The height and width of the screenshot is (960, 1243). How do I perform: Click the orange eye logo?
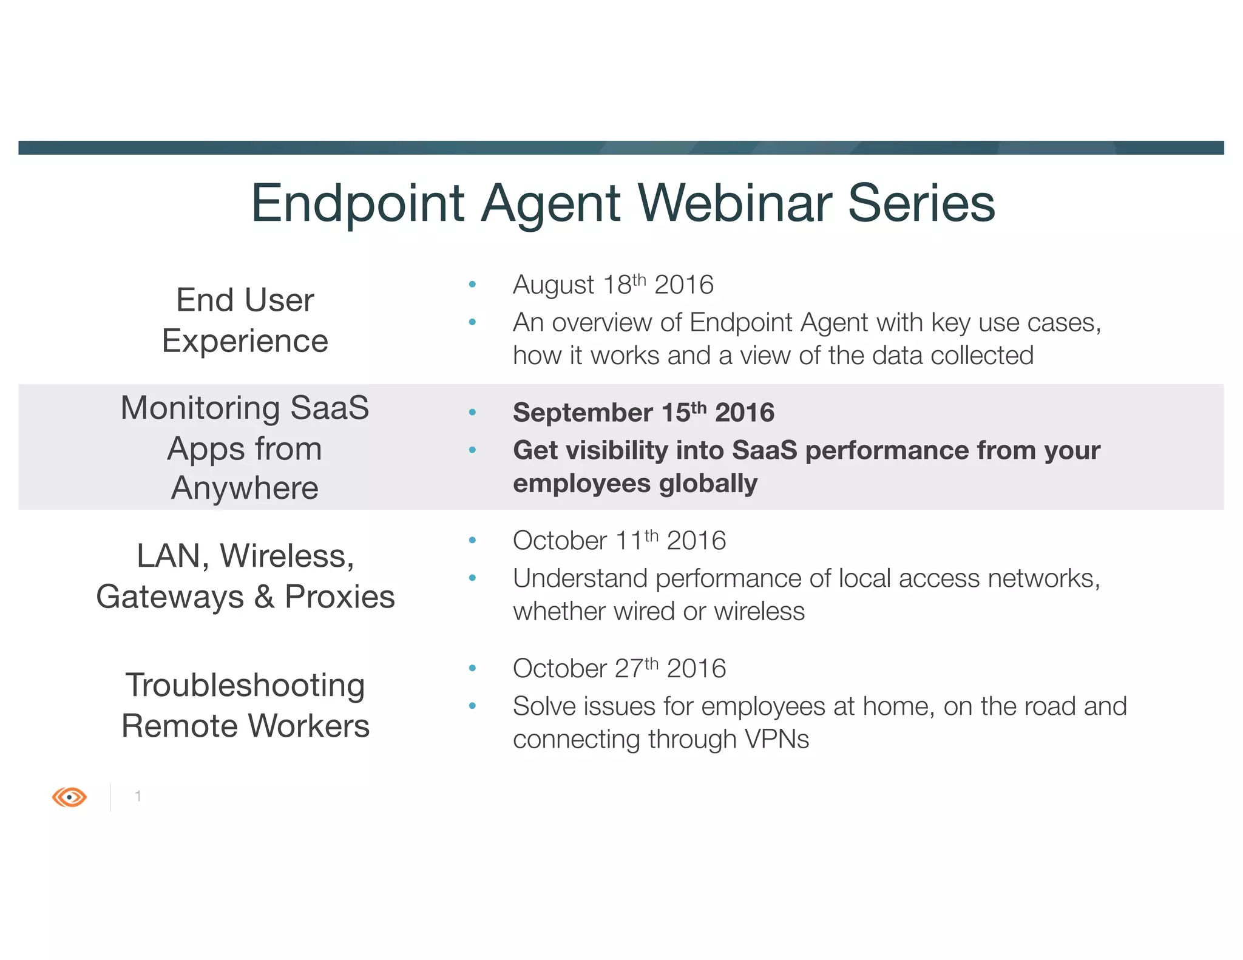click(x=69, y=796)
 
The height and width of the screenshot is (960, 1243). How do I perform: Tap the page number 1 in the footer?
click(x=138, y=796)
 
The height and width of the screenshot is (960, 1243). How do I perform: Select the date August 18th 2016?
click(x=613, y=285)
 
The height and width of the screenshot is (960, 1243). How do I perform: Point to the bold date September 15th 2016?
click(x=643, y=413)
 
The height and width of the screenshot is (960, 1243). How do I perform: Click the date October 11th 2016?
click(x=619, y=541)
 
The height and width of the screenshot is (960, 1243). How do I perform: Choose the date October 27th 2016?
click(x=619, y=669)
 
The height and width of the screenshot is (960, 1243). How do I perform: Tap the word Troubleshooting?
click(x=245, y=686)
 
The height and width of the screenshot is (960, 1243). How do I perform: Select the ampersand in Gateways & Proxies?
click(x=264, y=597)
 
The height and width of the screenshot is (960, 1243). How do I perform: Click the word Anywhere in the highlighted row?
click(x=245, y=488)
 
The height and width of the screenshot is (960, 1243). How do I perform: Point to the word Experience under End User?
click(x=245, y=341)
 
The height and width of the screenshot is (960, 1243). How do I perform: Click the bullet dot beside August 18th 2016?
click(x=472, y=284)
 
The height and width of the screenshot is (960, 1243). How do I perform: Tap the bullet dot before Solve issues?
click(x=472, y=706)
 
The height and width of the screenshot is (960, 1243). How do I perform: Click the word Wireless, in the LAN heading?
click(x=287, y=556)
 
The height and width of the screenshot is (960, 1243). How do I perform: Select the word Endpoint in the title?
click(x=357, y=203)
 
